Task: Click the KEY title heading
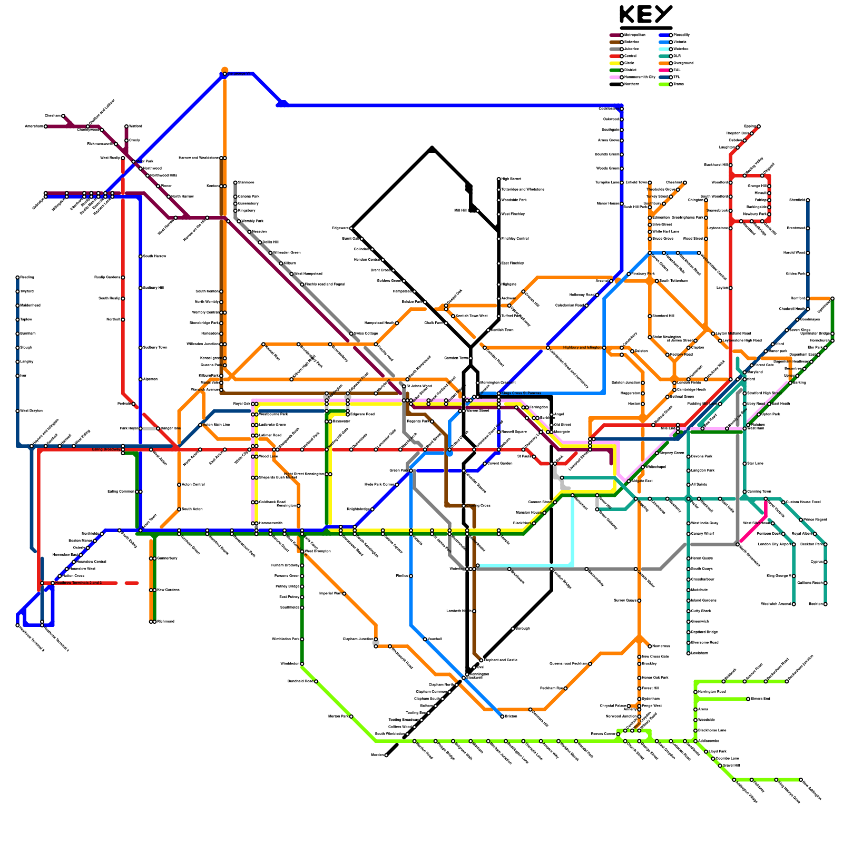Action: pos(646,14)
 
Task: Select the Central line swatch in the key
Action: pos(615,56)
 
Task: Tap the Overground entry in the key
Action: pos(683,63)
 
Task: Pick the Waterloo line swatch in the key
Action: pos(664,49)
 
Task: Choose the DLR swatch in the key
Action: pos(664,56)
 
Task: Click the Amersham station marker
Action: pos(46,126)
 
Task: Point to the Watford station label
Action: pos(136,126)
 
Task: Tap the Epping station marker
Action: pos(759,126)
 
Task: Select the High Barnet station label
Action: pos(512,179)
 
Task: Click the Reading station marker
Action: pos(17,277)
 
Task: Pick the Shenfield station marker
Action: pos(808,200)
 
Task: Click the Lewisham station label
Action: pos(700,653)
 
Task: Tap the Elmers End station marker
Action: pos(748,699)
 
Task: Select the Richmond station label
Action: pos(165,622)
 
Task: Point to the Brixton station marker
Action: pos(502,717)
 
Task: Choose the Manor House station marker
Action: pos(622,203)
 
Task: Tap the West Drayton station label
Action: pos(31,411)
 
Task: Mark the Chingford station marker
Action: pos(685,183)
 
